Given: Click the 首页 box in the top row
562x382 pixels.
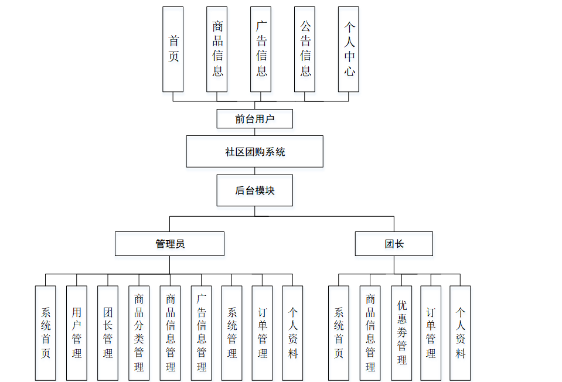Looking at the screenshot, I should click(x=173, y=49).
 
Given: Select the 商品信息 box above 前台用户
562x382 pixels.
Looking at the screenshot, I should click(x=217, y=49).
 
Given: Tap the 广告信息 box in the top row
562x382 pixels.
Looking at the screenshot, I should click(x=261, y=49).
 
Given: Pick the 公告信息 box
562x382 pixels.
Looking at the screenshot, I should click(x=305, y=49).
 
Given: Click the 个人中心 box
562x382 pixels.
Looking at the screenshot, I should click(x=349, y=49).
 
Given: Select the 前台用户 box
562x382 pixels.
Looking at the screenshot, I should click(x=254, y=119).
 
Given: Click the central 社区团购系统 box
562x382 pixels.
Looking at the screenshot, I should click(x=254, y=152).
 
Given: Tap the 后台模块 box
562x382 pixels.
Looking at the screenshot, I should click(x=254, y=190).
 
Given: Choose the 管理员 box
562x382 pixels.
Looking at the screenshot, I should click(x=169, y=244).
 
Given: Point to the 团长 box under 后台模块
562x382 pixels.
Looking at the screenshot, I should click(x=394, y=244).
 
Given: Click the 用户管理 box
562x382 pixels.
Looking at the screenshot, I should click(x=77, y=333).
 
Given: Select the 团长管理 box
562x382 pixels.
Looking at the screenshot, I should click(x=108, y=333).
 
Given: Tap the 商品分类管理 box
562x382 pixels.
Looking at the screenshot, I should click(x=139, y=333).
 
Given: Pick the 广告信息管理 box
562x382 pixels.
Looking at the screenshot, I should click(x=201, y=333).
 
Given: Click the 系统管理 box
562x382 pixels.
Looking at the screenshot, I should click(x=232, y=333).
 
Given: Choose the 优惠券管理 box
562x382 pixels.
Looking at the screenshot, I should click(x=401, y=333).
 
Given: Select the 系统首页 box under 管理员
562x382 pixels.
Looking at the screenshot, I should click(x=46, y=333).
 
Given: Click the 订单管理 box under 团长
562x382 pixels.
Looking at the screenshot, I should click(x=431, y=333).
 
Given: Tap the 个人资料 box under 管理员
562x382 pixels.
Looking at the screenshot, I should click(x=292, y=333).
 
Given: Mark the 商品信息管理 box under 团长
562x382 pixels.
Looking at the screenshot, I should click(x=370, y=333).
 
